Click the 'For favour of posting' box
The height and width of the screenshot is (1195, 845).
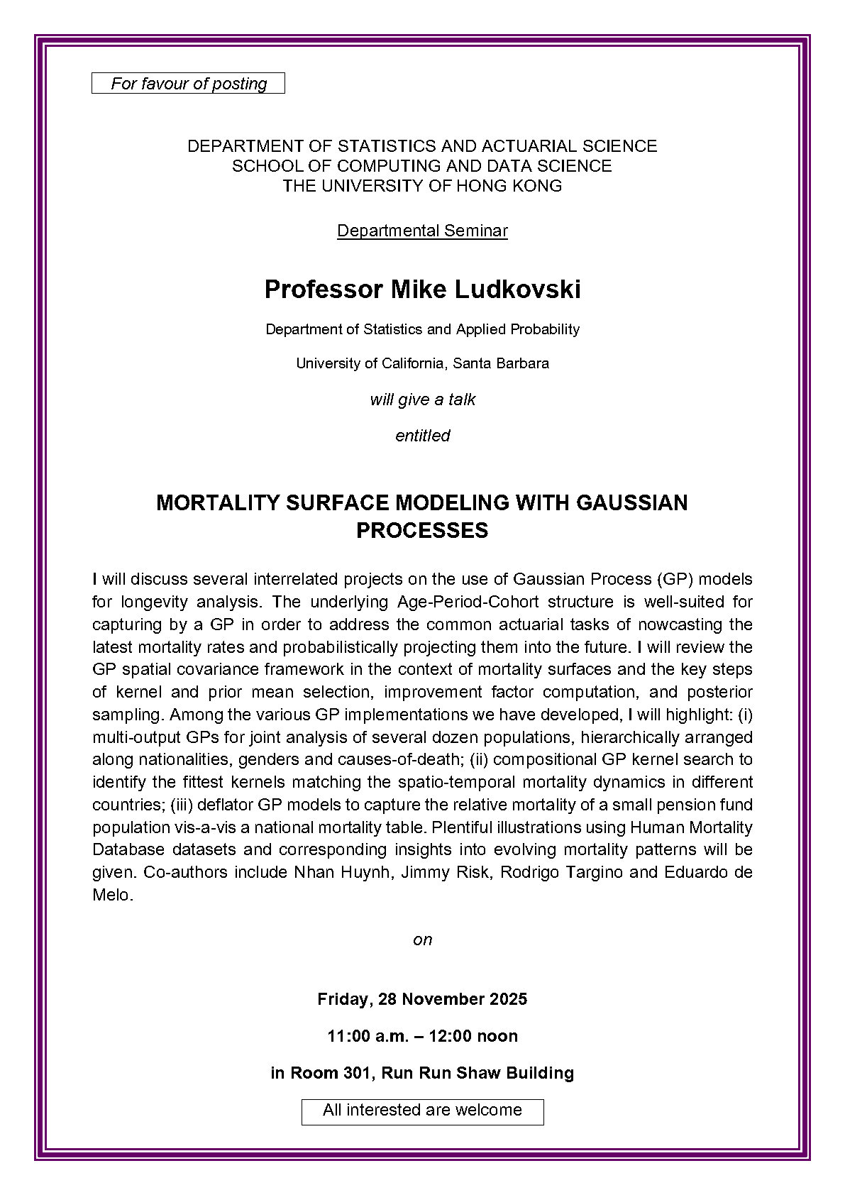[189, 84]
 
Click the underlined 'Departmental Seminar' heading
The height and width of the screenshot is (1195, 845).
[422, 231]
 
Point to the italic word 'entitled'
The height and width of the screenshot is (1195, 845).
[422, 436]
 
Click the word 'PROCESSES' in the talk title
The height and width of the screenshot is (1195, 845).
[422, 531]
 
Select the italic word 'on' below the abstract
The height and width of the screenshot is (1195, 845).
[422, 940]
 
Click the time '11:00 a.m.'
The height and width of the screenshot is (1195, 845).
[368, 1036]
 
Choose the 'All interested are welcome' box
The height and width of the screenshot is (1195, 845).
[422, 1111]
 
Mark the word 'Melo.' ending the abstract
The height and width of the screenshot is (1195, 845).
[112, 895]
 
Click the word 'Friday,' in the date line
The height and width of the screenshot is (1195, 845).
[345, 999]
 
